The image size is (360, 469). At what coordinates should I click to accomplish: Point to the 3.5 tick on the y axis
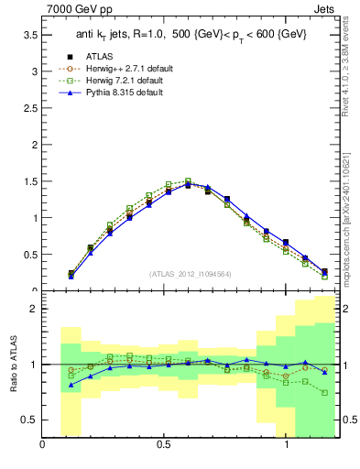30,35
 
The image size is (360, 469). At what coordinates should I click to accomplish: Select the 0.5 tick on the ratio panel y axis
30,420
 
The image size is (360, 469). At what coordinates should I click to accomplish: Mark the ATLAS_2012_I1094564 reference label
190,274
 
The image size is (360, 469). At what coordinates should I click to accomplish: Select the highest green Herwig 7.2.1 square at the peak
188,181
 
